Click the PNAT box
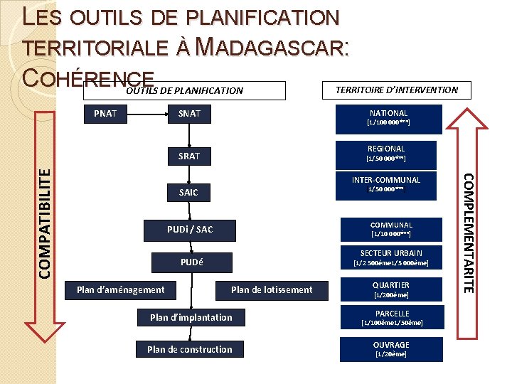pyautogui.click(x=105, y=113)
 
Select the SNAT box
pyautogui.click(x=189, y=113)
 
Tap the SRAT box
pyautogui.click(x=189, y=156)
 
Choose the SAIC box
pyautogui.click(x=189, y=192)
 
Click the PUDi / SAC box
pyautogui.click(x=190, y=230)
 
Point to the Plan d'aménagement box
pyautogui.click(x=121, y=289)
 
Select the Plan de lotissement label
pyautogui.click(x=272, y=289)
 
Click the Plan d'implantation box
pyautogui.click(x=191, y=317)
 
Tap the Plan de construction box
pyautogui.click(x=190, y=349)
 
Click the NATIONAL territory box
pyautogui.click(x=389, y=118)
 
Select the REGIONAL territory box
pyautogui.click(x=389, y=154)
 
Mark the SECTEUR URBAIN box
pyautogui.click(x=390, y=257)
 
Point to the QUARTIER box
pyautogui.click(x=390, y=289)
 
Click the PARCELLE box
pyautogui.click(x=392, y=318)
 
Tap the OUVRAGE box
pyautogui.click(x=390, y=348)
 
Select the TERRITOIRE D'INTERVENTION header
pyautogui.click(x=397, y=90)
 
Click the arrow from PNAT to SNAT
pyautogui.click(x=146, y=113)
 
